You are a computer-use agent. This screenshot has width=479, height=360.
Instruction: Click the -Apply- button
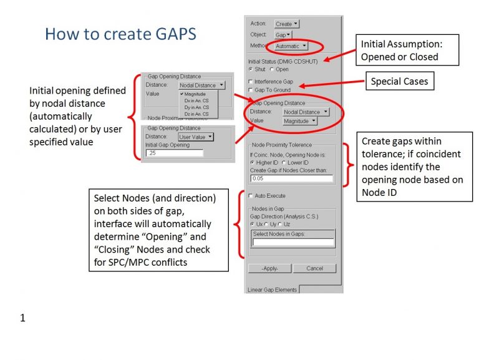(269, 268)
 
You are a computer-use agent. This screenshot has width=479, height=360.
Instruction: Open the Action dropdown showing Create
(286, 24)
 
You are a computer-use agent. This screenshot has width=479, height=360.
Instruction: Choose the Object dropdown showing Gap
(283, 35)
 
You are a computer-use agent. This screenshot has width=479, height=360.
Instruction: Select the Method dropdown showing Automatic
(291, 46)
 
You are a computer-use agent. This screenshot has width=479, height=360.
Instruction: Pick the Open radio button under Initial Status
(272, 69)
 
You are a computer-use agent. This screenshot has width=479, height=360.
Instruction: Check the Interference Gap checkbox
(251, 82)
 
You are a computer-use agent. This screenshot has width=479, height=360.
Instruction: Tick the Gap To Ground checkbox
(251, 90)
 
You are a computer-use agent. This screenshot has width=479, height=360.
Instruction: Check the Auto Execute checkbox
(251, 195)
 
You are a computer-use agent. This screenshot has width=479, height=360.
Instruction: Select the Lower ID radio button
(284, 163)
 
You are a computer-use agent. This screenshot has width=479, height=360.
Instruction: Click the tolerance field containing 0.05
(292, 178)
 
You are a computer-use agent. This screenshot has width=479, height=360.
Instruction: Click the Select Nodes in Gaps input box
(294, 242)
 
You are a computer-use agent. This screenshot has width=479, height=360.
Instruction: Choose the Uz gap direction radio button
(280, 225)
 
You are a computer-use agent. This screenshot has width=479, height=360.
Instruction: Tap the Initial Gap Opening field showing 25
(175, 153)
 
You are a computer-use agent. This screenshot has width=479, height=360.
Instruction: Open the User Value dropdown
(196, 137)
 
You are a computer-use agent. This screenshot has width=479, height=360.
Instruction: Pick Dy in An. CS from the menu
(196, 107)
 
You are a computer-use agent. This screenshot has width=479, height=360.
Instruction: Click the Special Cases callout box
(400, 81)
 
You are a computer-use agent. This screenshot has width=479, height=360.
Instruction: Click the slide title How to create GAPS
(120, 34)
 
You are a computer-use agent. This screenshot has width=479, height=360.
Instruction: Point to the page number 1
(22, 318)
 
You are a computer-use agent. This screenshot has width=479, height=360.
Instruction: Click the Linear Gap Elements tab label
(272, 289)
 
